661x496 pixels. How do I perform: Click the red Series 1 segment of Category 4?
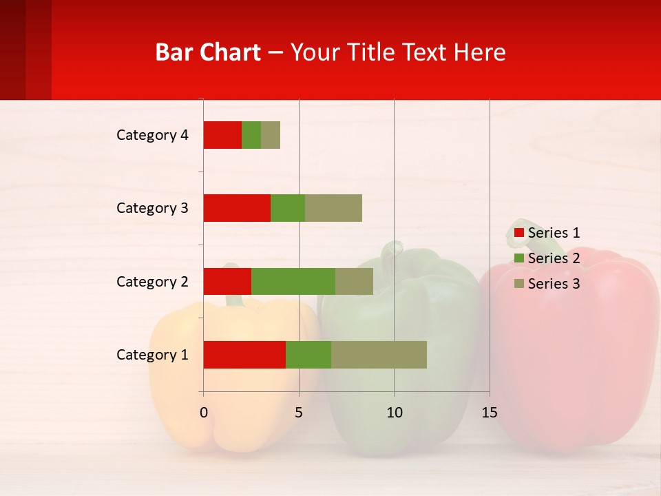222,135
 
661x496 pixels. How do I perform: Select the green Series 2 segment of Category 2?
293,281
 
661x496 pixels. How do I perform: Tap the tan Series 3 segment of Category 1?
379,355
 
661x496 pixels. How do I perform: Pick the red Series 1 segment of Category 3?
237,208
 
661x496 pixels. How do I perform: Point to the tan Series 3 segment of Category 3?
333,208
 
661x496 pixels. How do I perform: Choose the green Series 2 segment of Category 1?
308,355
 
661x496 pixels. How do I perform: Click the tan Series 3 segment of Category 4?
271,135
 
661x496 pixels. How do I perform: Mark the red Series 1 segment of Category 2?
227,281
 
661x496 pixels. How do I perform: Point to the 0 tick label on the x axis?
204,413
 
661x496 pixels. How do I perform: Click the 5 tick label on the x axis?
299,413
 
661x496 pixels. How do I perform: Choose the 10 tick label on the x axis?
394,413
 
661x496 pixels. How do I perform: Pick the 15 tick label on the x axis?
490,413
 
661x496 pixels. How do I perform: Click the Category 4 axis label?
152,135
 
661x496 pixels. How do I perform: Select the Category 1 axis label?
152,355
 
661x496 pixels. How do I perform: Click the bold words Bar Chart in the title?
208,52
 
